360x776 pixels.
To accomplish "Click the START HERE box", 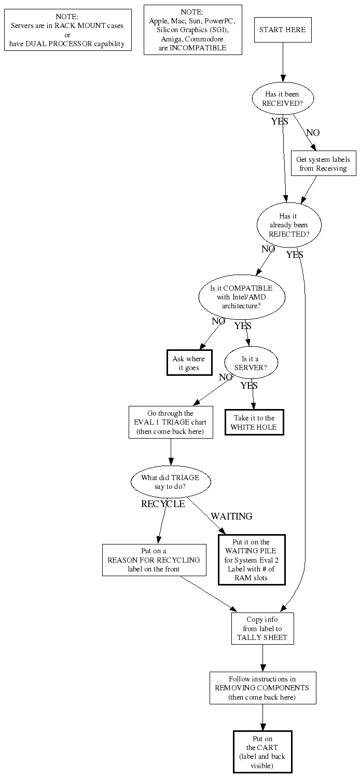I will [283, 30].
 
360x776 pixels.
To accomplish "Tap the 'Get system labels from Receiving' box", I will [323, 164].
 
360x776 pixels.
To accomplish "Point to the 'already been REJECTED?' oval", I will [289, 225].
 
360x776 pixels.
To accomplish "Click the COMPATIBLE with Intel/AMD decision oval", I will [242, 297].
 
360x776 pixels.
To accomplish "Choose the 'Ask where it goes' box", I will [189, 363].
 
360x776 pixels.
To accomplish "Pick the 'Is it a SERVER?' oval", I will [251, 362].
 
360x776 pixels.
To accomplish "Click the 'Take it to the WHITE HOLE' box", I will [254, 423].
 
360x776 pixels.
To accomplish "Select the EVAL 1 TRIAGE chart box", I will [171, 422].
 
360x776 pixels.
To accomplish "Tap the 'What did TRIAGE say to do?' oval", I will [171, 482].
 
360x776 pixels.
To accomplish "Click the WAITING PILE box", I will [251, 560].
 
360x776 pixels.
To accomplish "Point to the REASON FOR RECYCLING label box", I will [154, 560].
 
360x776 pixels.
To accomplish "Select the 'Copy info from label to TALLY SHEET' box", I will [262, 629].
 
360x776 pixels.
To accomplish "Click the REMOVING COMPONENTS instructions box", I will [262, 688].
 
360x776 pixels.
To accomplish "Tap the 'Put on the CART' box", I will [262, 752].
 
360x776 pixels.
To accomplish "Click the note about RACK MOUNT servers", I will [67, 30].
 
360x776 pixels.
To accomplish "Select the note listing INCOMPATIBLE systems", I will [192, 30].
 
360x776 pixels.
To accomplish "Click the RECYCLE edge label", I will [163, 504].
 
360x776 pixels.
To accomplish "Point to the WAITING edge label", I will [231, 516].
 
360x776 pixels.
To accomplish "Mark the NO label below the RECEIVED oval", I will [313, 133].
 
